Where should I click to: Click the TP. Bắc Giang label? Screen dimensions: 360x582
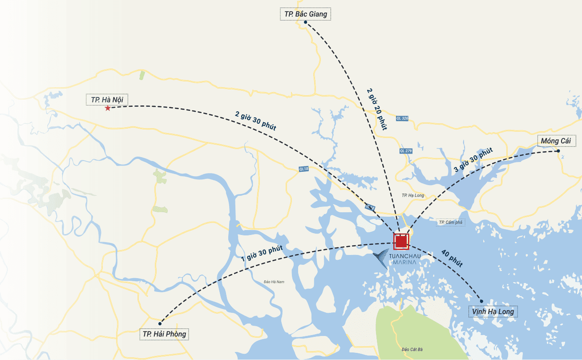click(305, 14)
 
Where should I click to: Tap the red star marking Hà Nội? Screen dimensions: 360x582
click(108, 108)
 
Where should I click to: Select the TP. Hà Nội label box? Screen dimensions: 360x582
click(107, 100)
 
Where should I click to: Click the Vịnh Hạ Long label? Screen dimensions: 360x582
click(493, 311)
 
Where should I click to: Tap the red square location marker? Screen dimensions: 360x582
click(401, 241)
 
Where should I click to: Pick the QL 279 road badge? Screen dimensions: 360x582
click(406, 151)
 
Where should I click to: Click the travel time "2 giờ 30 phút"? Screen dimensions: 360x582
click(256, 120)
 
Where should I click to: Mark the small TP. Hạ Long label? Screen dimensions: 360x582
click(412, 195)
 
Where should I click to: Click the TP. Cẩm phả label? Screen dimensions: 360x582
click(450, 222)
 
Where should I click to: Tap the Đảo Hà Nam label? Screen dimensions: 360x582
click(274, 282)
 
